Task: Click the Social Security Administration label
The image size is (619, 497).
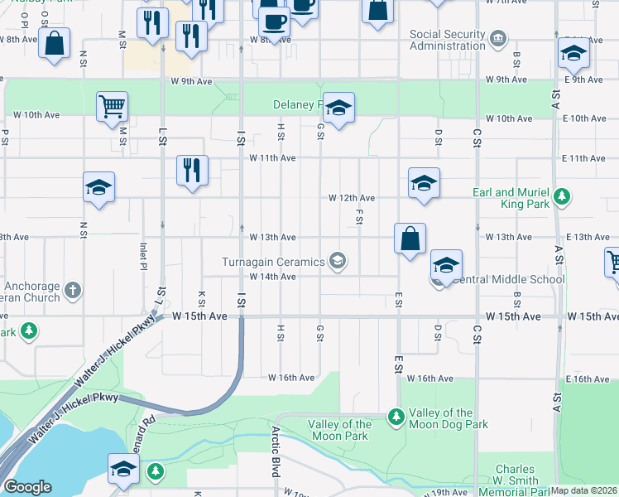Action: tap(448, 40)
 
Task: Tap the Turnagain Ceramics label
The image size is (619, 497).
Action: tap(274, 262)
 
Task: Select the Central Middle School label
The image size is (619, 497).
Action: tap(508, 279)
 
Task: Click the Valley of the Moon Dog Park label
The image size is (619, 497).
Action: tap(448, 418)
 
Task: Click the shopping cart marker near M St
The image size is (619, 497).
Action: tap(112, 106)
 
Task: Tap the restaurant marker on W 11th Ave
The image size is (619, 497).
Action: tap(191, 171)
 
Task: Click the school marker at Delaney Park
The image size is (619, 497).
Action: tap(338, 108)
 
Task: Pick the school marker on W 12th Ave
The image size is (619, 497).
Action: tap(424, 183)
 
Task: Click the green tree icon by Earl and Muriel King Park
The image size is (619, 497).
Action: tap(563, 196)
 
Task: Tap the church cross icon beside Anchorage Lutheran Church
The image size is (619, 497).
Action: tap(73, 290)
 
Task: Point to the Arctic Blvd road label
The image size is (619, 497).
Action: tap(276, 451)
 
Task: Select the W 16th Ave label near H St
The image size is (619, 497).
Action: tap(290, 378)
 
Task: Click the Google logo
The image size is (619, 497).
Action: tap(27, 486)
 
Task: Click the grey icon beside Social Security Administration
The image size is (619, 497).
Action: tap(498, 38)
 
